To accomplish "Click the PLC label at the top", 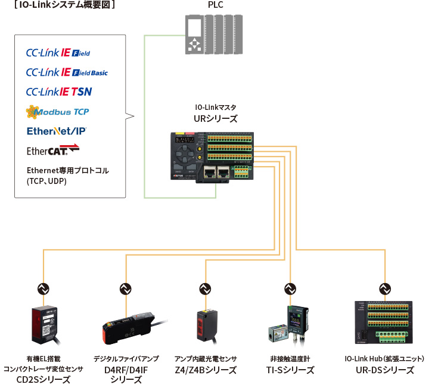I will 216,6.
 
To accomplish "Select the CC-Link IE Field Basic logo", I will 67,72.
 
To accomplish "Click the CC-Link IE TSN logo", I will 59,92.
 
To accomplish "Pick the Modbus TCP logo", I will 57,112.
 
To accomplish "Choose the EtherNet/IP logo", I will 56,131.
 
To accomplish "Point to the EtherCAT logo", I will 52,149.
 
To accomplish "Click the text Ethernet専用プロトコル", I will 67,170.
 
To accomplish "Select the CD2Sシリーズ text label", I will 43,378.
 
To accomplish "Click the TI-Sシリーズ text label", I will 290,370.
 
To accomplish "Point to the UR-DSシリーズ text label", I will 384,370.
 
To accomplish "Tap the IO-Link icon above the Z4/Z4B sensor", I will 204,288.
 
